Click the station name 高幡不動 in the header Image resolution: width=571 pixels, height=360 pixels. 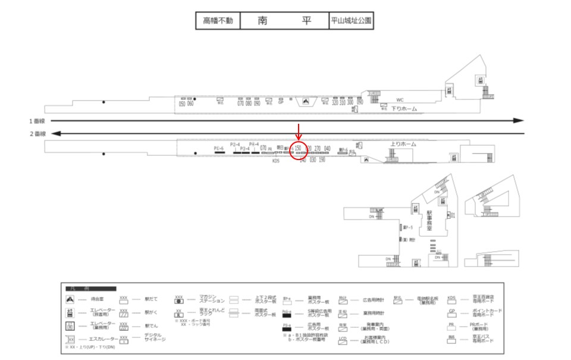pos(218,21)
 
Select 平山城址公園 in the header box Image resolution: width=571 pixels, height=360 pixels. pos(352,21)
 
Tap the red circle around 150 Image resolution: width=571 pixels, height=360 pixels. pos(299,152)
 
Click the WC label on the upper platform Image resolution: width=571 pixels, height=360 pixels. pos(400,99)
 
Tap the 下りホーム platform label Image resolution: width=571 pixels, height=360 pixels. pos(404,109)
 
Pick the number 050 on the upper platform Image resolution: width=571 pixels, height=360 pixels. pos(183,104)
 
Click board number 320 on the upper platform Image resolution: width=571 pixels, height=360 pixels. pos(335,103)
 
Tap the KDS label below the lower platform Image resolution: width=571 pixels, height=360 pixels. pos(275,160)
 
